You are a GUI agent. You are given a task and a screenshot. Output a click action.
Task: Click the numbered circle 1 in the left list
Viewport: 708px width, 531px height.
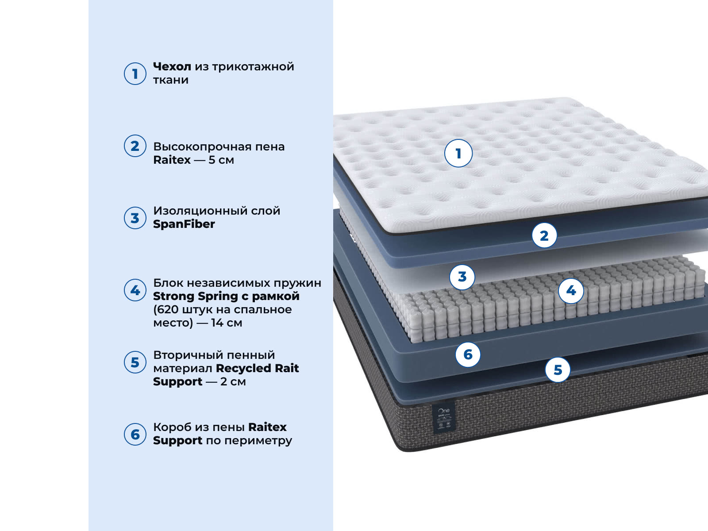tap(135, 74)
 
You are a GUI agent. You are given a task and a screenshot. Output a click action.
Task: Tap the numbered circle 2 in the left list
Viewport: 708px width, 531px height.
tap(135, 146)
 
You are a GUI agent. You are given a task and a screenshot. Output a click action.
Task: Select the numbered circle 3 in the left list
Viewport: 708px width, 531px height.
tap(135, 218)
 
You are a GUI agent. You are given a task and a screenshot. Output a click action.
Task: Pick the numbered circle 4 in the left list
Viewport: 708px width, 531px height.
tap(135, 290)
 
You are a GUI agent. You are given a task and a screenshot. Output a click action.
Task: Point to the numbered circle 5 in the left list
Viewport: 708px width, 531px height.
tap(135, 362)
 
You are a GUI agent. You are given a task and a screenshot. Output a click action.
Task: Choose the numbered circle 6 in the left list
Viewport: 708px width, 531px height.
tap(135, 434)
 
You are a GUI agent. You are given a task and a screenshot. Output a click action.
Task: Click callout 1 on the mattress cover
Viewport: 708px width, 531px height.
tap(458, 153)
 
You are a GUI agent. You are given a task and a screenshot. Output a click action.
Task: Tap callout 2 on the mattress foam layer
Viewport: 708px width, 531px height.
tap(544, 235)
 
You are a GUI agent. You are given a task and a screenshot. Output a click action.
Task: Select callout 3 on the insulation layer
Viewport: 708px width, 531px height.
tap(462, 277)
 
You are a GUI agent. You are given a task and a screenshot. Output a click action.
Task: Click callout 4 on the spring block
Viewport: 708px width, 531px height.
tap(571, 291)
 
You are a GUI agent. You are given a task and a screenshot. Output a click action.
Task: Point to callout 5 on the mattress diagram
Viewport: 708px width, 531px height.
tap(558, 370)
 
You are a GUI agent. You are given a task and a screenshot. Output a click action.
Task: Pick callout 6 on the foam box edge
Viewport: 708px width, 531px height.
tap(468, 354)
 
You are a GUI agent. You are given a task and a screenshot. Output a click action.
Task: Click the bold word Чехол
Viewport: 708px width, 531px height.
tap(172, 67)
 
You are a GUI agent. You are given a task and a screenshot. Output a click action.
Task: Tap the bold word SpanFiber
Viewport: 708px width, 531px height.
tap(184, 224)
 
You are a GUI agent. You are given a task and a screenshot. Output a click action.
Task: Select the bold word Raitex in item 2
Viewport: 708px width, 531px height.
tap(172, 160)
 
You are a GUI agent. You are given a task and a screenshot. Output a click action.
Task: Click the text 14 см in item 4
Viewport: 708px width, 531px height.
tap(227, 323)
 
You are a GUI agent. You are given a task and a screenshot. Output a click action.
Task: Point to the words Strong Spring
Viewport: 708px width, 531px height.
tap(194, 296)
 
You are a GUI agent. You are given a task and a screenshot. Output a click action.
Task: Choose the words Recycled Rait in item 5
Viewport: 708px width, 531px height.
tap(258, 368)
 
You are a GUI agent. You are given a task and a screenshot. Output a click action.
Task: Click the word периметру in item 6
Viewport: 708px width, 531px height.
tap(258, 441)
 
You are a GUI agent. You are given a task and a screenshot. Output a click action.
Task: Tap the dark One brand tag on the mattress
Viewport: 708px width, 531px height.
tap(444, 418)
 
